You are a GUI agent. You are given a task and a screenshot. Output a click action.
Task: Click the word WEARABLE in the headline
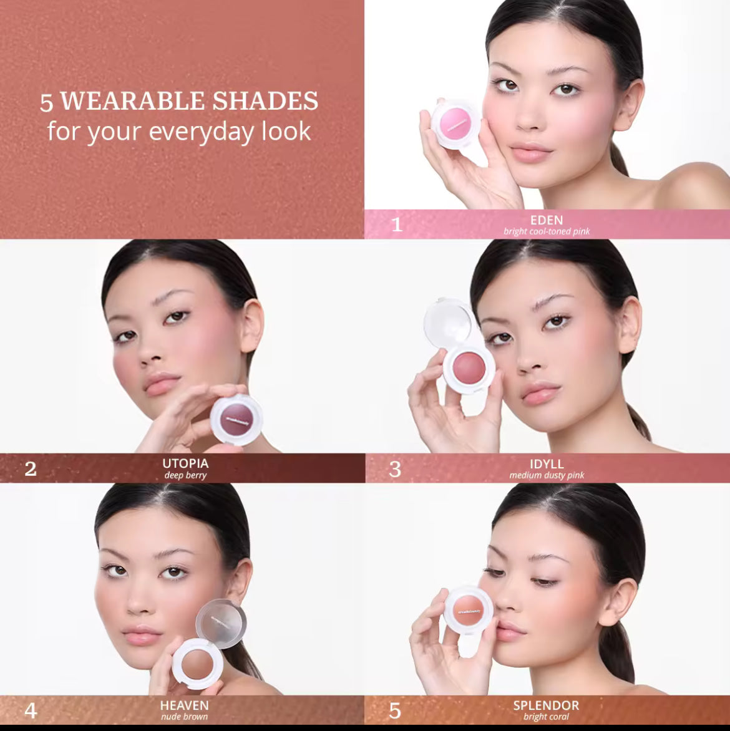click(x=132, y=101)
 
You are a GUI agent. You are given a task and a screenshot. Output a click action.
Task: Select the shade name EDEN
click(x=547, y=220)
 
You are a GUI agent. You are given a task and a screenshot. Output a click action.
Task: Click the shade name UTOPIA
click(x=185, y=463)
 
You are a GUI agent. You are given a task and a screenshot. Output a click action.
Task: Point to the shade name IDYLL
click(x=547, y=464)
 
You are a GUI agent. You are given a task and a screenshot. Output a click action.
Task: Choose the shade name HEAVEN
click(x=184, y=705)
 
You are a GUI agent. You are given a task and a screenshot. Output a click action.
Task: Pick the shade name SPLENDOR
click(x=546, y=705)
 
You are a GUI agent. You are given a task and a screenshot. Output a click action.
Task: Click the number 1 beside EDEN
click(x=396, y=225)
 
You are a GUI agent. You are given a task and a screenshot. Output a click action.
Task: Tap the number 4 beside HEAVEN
click(x=31, y=710)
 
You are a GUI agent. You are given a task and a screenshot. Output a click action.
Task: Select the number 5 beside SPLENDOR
click(x=395, y=710)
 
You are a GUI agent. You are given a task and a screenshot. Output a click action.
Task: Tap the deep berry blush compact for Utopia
click(x=236, y=419)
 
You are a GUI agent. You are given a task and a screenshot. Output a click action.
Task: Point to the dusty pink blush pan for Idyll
click(x=469, y=367)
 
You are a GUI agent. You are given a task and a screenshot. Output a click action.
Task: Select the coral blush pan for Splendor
click(x=469, y=609)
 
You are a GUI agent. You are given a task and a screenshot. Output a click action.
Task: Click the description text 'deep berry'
click(x=185, y=475)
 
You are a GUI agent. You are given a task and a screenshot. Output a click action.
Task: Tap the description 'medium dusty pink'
click(x=547, y=475)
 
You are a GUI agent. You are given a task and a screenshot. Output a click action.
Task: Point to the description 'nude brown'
click(x=184, y=717)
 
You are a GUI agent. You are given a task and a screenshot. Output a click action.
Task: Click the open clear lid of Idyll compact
click(x=448, y=322)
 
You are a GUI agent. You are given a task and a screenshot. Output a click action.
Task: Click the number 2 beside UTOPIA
click(x=31, y=468)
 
